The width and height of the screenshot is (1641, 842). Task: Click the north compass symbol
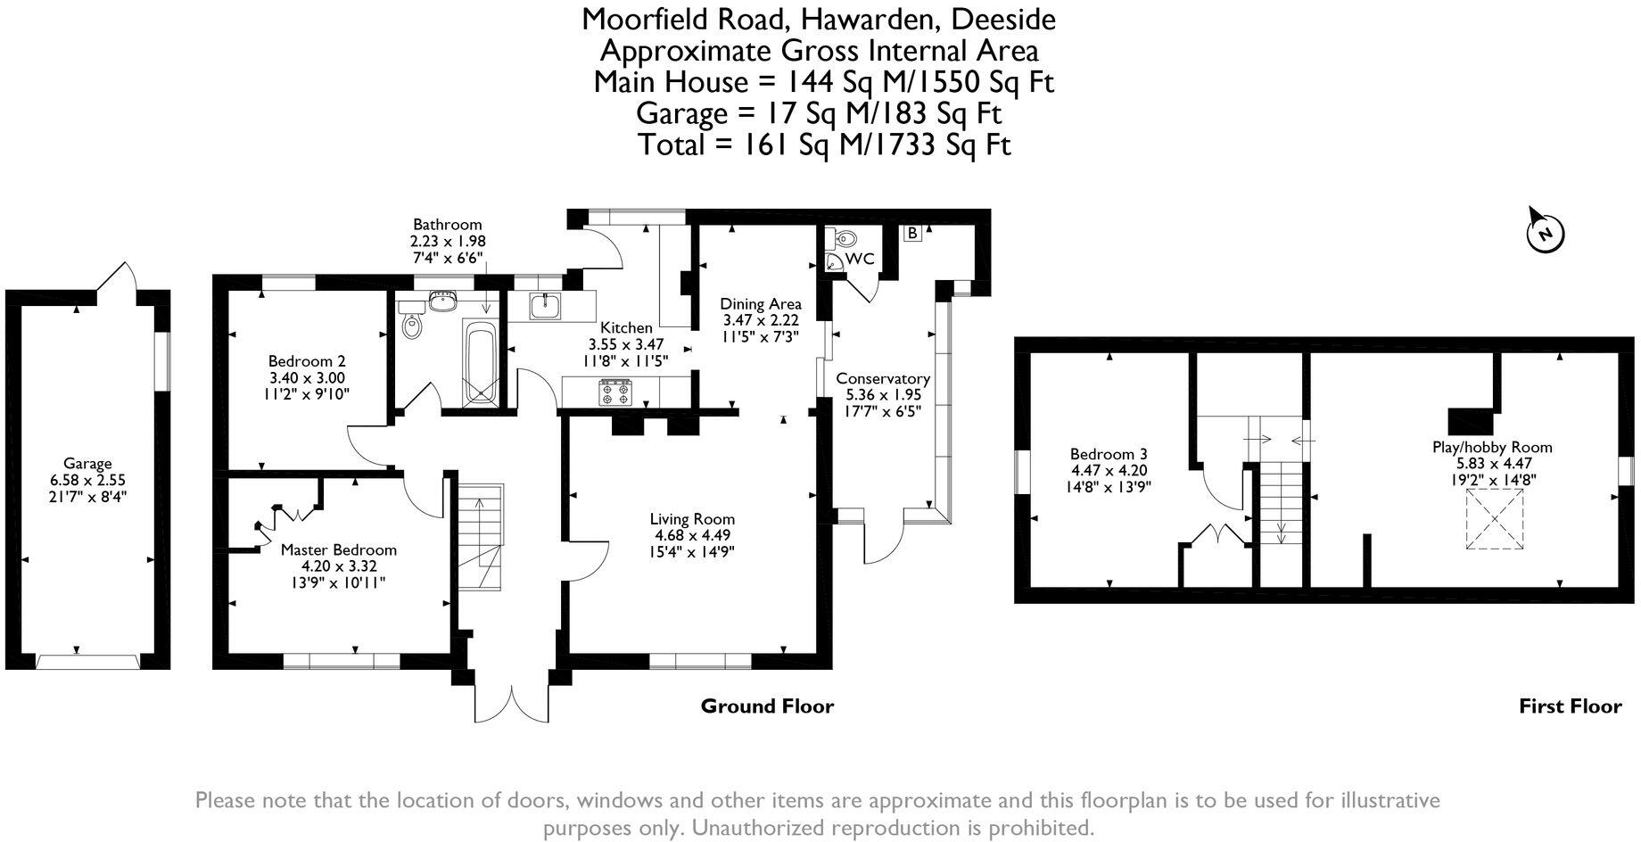click(1545, 232)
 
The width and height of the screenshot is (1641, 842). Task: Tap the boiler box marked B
click(912, 234)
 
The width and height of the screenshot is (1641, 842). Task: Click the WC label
click(860, 260)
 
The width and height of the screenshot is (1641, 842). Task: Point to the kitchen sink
click(544, 306)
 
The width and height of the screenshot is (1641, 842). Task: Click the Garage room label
click(87, 463)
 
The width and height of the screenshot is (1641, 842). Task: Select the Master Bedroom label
click(338, 549)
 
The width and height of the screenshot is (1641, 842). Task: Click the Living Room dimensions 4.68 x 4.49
click(692, 535)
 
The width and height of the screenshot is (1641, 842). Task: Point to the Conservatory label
click(882, 378)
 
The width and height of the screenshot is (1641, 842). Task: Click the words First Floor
click(1570, 706)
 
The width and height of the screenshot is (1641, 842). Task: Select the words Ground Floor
click(767, 706)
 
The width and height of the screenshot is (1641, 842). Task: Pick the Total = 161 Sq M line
click(824, 144)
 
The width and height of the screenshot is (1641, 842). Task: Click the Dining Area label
click(760, 304)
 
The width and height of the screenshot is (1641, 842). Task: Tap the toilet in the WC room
click(844, 238)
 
